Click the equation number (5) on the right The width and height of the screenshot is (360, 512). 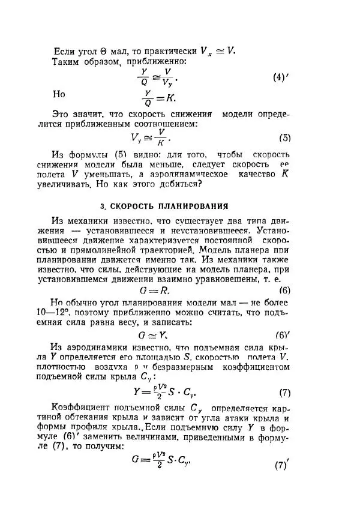(284, 137)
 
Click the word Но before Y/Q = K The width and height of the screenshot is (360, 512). (59, 94)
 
